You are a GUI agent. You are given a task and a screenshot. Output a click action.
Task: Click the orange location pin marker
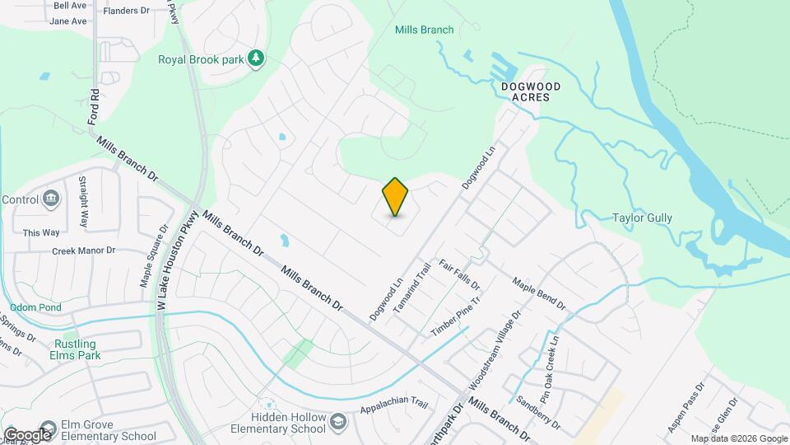click(395, 197)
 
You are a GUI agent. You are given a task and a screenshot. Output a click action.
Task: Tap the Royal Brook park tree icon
click(257, 58)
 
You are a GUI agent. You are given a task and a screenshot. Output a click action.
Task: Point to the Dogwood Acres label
click(531, 91)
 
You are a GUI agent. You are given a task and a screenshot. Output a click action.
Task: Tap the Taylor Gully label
click(643, 218)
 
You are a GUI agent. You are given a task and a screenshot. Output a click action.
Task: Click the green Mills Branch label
click(424, 30)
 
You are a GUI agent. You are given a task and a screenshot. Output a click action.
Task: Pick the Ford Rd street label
click(94, 106)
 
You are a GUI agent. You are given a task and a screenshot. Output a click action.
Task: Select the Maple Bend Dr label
click(539, 293)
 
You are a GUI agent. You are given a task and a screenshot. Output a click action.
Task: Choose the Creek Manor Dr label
click(84, 251)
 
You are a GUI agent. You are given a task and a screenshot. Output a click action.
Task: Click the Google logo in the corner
click(27, 434)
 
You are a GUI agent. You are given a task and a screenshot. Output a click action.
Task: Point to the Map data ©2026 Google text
click(739, 438)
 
